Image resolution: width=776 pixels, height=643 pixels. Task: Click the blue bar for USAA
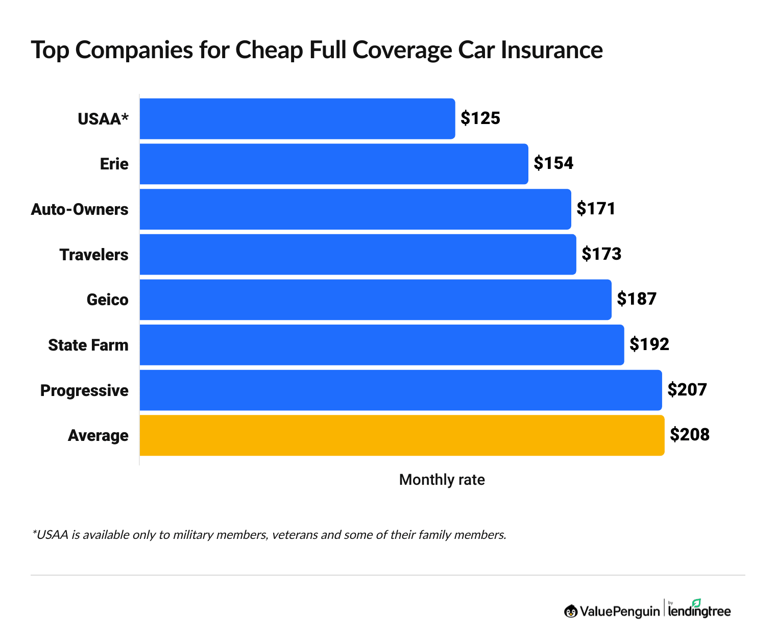297,118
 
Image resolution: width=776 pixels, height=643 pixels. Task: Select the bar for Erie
334,164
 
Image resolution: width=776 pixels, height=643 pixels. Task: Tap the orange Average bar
402,435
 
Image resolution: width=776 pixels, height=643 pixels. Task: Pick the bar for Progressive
401,390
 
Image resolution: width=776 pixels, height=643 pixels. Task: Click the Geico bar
375,300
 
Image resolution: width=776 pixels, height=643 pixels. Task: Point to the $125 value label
480,118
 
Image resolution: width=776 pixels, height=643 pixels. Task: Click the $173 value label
601,254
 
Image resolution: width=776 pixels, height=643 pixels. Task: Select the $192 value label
649,344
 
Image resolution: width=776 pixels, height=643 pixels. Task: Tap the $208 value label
690,434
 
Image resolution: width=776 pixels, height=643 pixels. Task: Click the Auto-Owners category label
80,209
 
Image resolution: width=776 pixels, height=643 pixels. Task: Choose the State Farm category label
88,345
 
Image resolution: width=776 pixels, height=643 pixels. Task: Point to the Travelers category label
94,255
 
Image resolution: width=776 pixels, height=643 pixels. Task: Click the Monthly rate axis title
442,480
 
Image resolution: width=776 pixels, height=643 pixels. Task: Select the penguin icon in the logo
571,611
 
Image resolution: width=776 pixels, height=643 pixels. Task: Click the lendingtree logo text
699,612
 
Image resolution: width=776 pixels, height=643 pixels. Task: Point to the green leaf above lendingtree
696,603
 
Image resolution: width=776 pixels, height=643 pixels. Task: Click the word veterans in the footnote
294,535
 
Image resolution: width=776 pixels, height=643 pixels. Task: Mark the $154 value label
553,163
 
